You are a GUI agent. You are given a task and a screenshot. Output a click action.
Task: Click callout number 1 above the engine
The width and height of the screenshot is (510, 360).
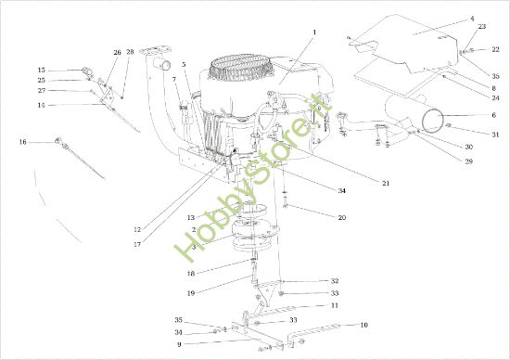click(x=314, y=32)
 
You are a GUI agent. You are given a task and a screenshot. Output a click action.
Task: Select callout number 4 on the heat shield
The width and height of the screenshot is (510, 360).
click(x=472, y=19)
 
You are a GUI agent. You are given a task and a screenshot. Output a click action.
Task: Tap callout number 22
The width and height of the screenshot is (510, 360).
click(x=495, y=49)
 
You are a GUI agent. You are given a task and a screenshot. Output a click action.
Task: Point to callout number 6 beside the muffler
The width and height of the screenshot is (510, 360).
click(x=493, y=115)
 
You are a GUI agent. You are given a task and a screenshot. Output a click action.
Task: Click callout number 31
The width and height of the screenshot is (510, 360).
click(x=495, y=135)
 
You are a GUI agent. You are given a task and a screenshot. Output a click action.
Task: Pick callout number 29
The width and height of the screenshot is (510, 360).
click(x=468, y=161)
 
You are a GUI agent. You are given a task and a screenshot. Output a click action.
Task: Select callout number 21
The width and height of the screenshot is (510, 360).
click(x=386, y=184)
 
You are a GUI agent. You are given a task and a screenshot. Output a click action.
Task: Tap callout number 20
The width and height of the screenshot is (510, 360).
click(x=342, y=217)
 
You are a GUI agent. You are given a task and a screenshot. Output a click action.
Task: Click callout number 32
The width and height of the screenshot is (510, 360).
click(x=335, y=281)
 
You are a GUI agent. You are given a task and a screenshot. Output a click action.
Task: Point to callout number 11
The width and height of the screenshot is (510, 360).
click(x=335, y=305)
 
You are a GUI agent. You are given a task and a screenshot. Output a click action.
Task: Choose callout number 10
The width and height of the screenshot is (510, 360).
click(x=363, y=325)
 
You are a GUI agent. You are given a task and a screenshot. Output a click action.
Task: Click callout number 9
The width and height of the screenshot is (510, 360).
click(x=179, y=344)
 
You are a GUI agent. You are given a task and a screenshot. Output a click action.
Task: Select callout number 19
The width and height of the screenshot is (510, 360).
click(x=191, y=293)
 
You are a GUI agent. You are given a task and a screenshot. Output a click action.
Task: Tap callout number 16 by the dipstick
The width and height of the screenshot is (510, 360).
click(x=22, y=142)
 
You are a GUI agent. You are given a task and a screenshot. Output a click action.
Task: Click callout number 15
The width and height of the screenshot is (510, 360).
click(x=42, y=70)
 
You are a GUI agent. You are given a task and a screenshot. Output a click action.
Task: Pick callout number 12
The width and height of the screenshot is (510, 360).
click(x=137, y=229)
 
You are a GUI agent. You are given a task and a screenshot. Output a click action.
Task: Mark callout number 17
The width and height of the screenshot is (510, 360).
click(x=137, y=244)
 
